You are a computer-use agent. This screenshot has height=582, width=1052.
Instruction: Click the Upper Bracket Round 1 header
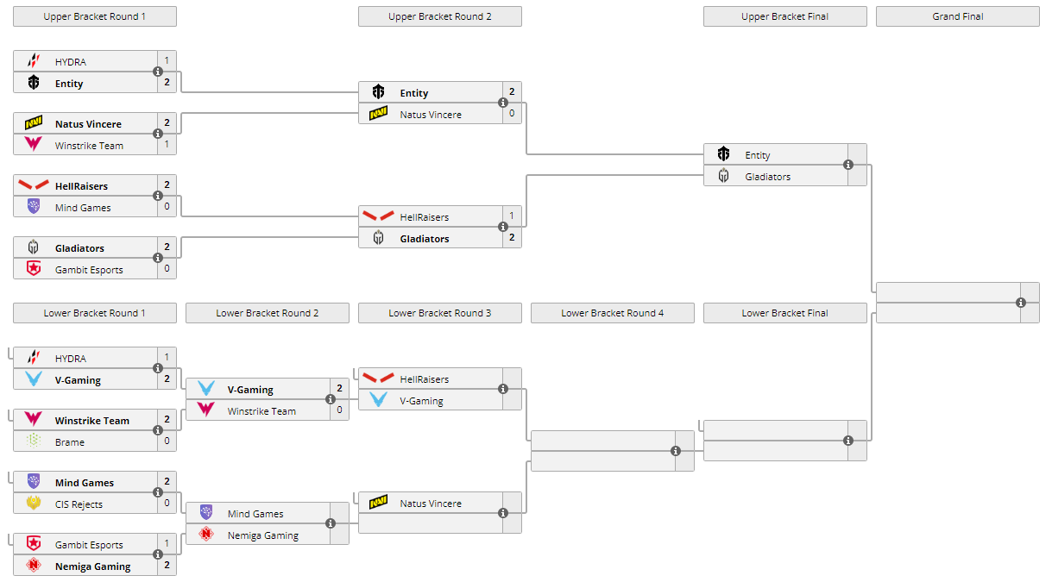tap(95, 16)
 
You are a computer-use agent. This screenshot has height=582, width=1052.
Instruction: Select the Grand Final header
tap(957, 16)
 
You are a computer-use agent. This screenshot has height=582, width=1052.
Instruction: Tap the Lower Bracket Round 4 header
tap(612, 313)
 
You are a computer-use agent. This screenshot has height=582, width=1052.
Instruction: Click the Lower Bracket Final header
tap(784, 313)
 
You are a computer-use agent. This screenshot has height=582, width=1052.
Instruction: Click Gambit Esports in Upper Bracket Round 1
tap(89, 270)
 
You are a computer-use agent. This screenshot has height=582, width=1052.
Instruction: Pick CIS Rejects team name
tap(79, 504)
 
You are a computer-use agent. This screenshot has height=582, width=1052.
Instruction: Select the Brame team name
tap(70, 442)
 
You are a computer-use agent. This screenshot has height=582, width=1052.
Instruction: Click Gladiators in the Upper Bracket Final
tap(768, 177)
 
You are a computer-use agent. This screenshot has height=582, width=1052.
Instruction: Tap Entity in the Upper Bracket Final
tap(758, 155)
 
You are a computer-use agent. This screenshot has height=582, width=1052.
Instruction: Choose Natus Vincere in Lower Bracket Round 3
tap(431, 504)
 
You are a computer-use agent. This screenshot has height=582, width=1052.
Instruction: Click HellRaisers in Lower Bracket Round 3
tap(425, 379)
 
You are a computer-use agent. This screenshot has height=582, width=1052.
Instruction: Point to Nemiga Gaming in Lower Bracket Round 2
tap(263, 535)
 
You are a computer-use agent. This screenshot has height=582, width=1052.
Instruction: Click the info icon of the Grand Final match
tap(1021, 303)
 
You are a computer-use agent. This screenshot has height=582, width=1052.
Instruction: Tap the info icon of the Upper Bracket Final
tap(848, 165)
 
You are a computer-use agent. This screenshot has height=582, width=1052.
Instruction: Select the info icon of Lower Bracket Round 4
tap(676, 451)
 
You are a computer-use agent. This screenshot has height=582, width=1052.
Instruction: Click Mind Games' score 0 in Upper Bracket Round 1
tap(167, 208)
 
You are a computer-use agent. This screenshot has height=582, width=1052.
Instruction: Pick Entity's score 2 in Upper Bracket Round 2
tap(512, 92)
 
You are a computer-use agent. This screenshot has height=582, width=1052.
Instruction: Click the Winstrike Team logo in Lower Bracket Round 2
tap(205, 411)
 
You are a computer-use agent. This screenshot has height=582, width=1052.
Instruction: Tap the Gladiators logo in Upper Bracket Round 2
tap(378, 239)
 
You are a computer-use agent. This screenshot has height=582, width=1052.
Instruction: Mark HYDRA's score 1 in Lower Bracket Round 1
tap(167, 357)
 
